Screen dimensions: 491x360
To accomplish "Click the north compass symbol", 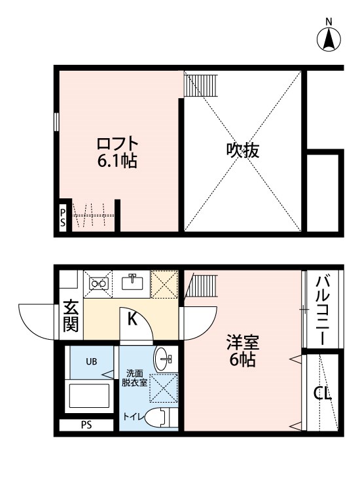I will (x=329, y=39).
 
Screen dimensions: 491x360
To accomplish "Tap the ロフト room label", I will (x=118, y=143).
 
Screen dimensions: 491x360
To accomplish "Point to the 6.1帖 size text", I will (x=118, y=161).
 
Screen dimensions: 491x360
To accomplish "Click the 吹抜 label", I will (x=243, y=151).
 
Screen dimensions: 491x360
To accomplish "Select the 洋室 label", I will (x=243, y=342).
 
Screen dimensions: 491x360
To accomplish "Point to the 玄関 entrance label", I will (x=70, y=316).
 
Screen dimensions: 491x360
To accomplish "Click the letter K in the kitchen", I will (x=131, y=320).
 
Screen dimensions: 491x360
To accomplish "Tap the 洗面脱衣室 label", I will (x=134, y=378).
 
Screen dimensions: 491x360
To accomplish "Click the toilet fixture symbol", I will (x=160, y=417).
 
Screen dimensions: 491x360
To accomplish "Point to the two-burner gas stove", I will (x=99, y=283).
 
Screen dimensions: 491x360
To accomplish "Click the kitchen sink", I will (x=134, y=282).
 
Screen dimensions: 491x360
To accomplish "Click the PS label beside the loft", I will (x=63, y=216).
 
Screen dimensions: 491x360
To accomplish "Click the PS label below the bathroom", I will (x=86, y=424).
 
